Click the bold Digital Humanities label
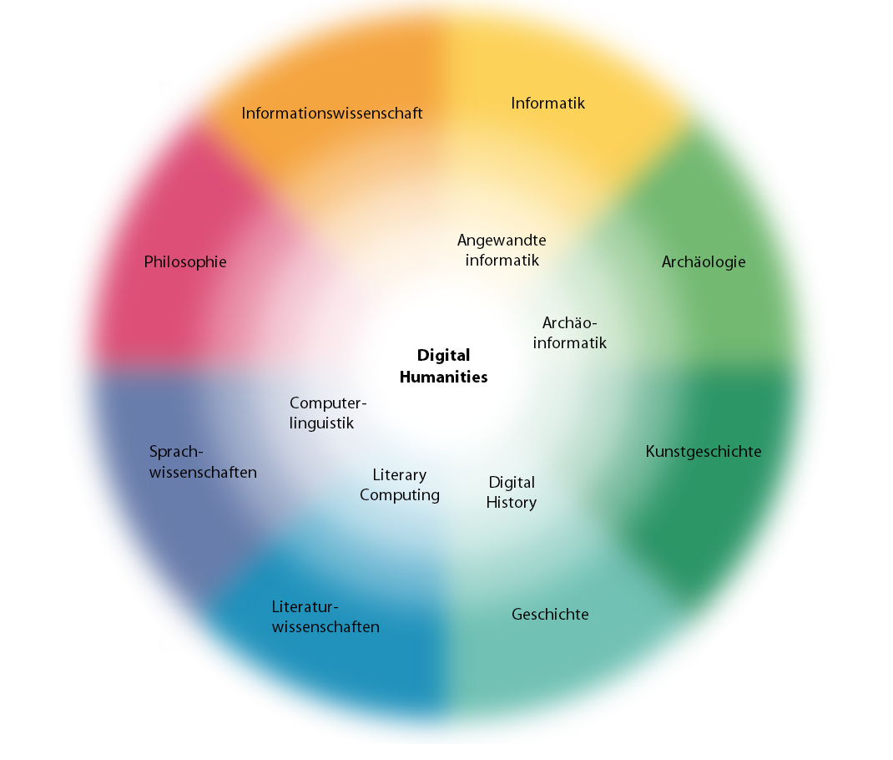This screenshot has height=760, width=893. tap(443, 366)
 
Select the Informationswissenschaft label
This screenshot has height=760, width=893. tap(332, 113)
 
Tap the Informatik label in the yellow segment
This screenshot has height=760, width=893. tap(547, 104)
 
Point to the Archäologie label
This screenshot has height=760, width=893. tap(704, 262)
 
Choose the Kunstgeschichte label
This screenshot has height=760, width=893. tap(704, 452)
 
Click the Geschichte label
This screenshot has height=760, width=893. tap(550, 615)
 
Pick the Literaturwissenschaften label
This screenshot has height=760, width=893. tap(325, 617)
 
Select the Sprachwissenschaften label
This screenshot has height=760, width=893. tap(203, 462)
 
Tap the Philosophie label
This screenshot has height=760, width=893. tap(185, 262)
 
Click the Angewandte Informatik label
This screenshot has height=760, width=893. tap(502, 250)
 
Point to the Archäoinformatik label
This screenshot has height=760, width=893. tap(570, 332)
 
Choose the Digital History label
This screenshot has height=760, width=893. tap(512, 493)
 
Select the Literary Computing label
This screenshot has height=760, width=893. tap(400, 485)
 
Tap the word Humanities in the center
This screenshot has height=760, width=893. tap(443, 377)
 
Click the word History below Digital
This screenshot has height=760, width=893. tap(512, 503)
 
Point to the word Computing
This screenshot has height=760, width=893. tap(400, 495)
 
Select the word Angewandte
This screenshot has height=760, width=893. tap(502, 240)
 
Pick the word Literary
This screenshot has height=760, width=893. tap(400, 475)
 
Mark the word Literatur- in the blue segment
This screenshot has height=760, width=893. tap(305, 607)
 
